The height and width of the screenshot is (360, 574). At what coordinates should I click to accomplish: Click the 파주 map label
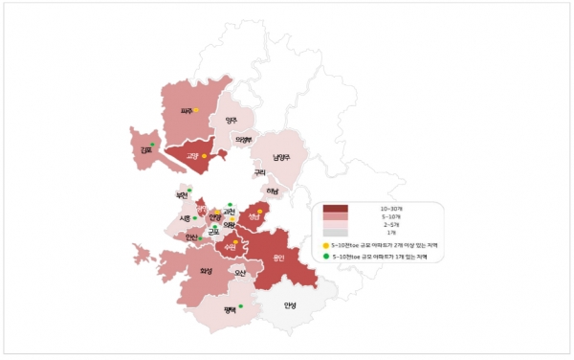coord(187,111)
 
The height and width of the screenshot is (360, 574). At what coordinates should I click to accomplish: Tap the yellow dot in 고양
coord(204,154)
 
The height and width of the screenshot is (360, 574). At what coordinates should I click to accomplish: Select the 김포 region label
coord(144,149)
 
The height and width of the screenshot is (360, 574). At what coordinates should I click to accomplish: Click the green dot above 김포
coord(152,144)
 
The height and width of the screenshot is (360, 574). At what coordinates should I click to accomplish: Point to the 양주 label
coord(231,121)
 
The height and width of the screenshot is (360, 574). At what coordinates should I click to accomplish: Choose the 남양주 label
coord(280,157)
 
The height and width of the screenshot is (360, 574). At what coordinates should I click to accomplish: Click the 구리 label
coord(259,173)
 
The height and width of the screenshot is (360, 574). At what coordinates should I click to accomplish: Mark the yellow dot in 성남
coord(260,212)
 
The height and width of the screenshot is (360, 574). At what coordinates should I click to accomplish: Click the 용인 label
coord(279,256)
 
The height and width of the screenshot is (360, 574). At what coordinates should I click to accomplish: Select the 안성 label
coord(291,306)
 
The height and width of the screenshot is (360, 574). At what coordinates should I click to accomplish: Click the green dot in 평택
coord(240,305)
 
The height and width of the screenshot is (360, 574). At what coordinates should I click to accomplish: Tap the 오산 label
coord(240,274)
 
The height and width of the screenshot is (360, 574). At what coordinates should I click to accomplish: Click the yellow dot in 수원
coord(235,241)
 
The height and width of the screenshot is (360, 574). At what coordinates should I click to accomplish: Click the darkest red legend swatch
coord(336,209)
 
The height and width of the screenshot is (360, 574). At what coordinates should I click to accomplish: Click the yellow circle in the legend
coord(326,245)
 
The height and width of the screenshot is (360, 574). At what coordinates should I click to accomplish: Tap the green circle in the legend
coord(326,257)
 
